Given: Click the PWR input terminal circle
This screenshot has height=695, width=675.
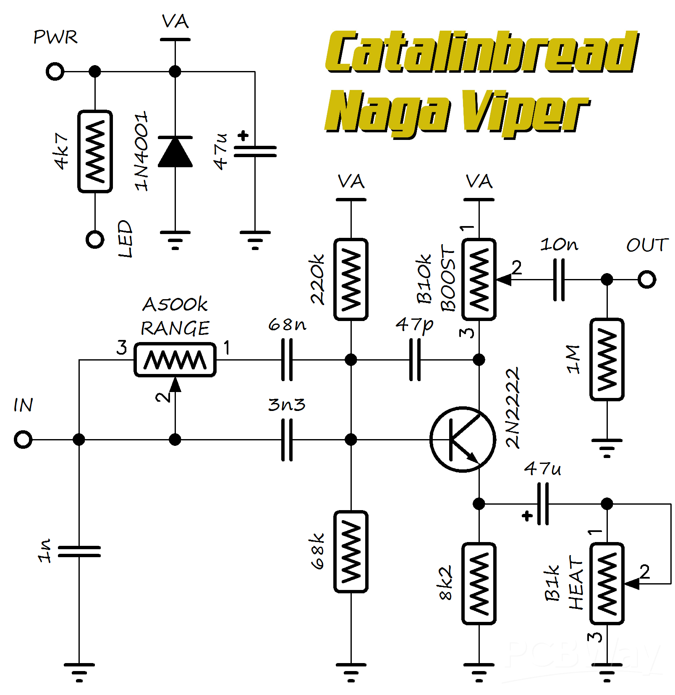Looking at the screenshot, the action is click(55, 71).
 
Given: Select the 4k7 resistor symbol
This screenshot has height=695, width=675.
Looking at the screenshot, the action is click(95, 151).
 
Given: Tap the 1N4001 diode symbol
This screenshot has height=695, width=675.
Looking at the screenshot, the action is click(175, 152).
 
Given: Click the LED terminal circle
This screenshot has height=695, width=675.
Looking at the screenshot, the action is click(95, 240).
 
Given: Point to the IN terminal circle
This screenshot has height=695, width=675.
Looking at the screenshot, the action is click(23, 440).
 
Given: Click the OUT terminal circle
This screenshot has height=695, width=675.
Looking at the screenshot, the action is click(647, 279).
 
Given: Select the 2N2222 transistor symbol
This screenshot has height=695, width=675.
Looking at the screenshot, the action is click(463, 440).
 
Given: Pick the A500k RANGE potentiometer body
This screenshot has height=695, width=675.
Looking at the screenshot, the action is click(175, 360).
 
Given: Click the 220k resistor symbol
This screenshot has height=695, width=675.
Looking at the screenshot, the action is click(351, 279).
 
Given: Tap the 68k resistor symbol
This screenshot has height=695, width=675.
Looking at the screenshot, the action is click(351, 552).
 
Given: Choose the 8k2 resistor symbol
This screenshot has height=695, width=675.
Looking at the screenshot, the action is click(479, 584).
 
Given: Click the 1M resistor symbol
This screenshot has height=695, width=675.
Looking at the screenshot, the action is click(607, 359).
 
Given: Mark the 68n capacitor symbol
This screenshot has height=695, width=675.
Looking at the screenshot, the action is click(287, 360).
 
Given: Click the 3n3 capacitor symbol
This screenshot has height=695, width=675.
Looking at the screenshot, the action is click(287, 440).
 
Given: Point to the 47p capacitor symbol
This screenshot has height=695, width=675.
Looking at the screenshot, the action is click(415, 360).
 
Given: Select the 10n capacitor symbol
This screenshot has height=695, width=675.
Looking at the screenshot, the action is click(559, 279).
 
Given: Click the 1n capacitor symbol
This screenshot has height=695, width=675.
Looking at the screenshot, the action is click(79, 552).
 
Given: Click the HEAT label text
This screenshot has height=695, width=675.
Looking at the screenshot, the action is click(576, 582).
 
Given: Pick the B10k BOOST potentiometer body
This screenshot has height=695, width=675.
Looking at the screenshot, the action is click(479, 279).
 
